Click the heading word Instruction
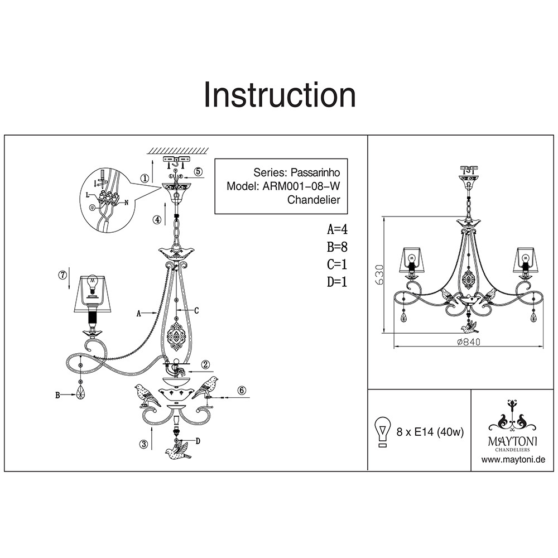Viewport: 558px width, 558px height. click(280, 95)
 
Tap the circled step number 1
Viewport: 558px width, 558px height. click(145, 179)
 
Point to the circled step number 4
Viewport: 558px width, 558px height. click(158, 220)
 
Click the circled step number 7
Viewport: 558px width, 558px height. click(62, 275)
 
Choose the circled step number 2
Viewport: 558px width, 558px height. click(205, 365)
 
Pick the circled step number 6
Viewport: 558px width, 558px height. click(242, 391)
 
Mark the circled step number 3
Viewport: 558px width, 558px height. click(145, 444)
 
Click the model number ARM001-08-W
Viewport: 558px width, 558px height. click(300, 186)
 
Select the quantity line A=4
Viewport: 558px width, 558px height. click(338, 229)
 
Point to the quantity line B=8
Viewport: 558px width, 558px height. click(338, 247)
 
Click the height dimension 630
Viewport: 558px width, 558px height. click(379, 275)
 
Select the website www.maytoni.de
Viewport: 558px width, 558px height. click(513, 460)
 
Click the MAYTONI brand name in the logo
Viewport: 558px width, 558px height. click(513, 441)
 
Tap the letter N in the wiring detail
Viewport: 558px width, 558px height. click(126, 203)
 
